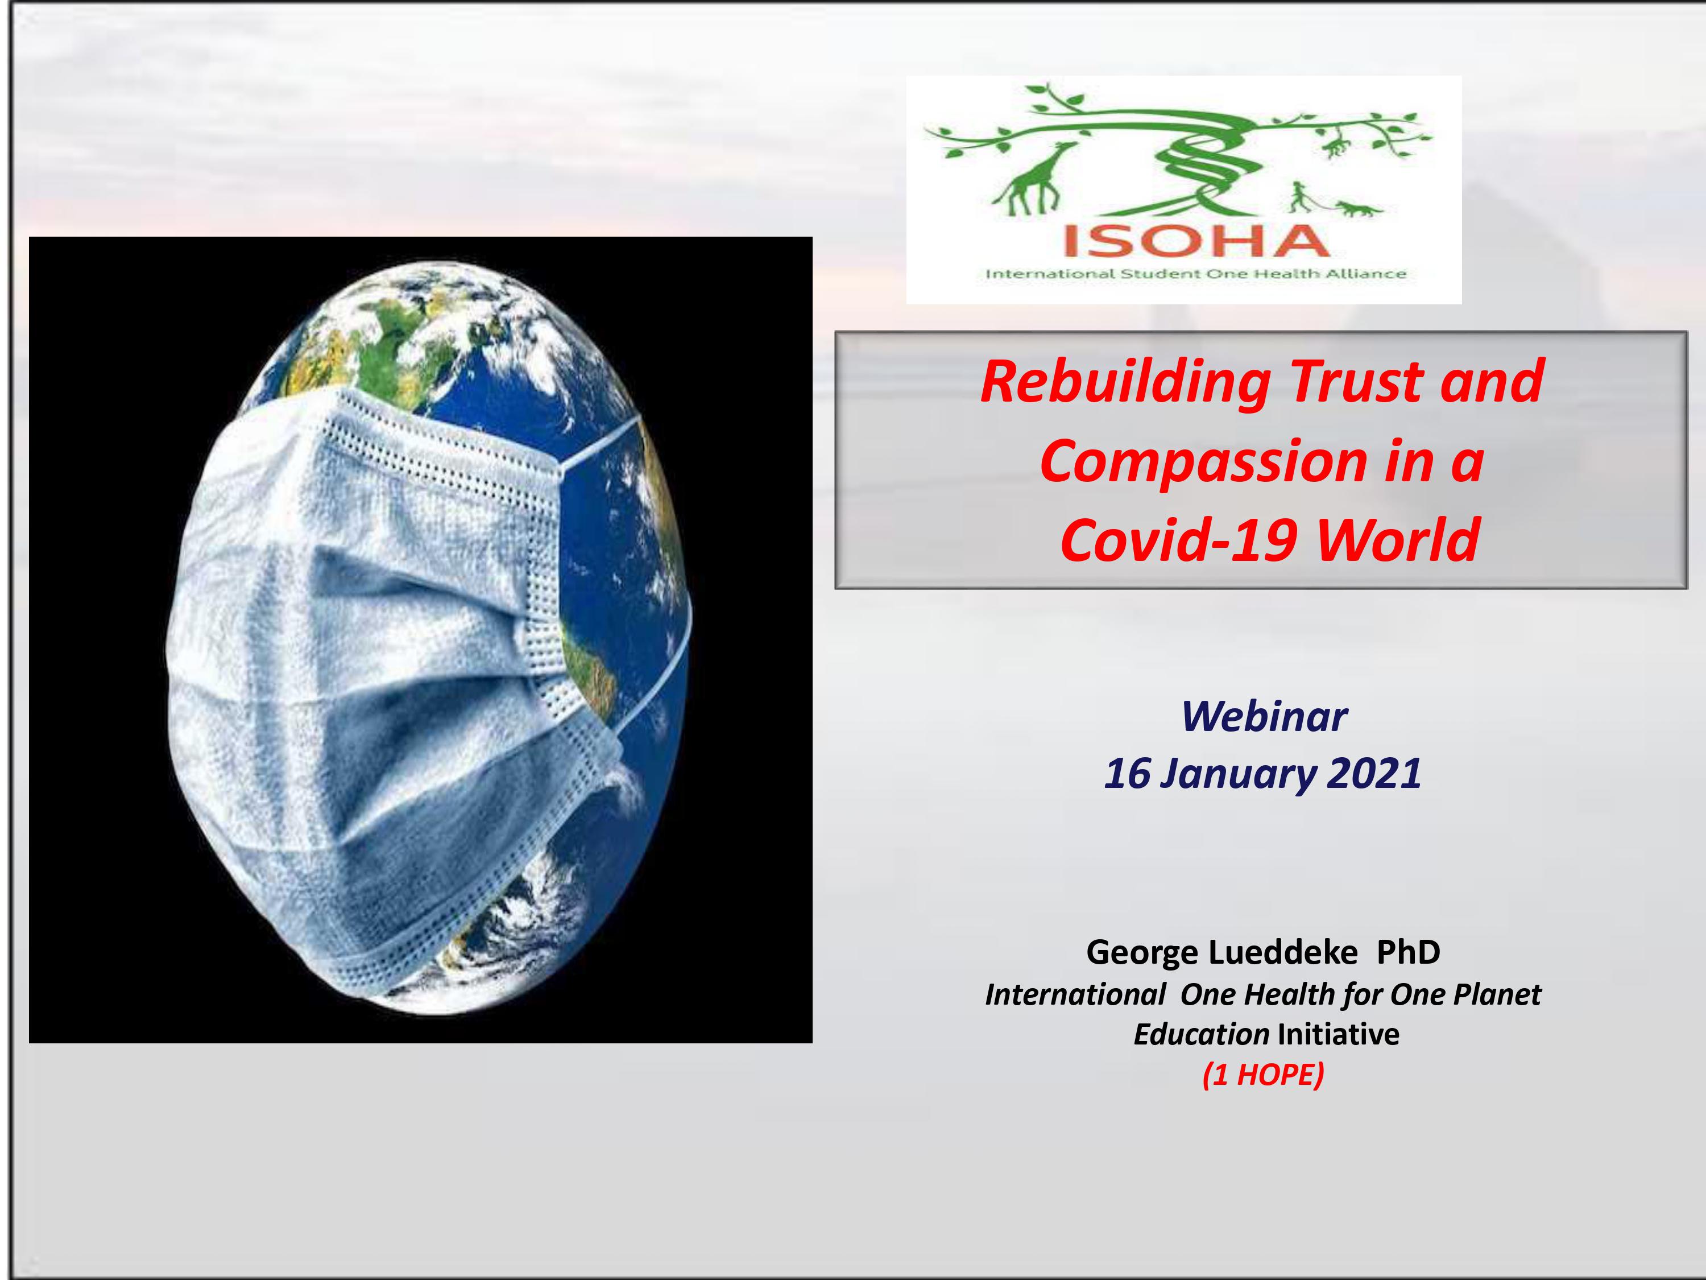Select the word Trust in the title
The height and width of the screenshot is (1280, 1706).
tap(1355, 381)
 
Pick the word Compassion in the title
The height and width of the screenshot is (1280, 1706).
tap(1204, 463)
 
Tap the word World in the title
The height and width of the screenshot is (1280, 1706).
tap(1398, 540)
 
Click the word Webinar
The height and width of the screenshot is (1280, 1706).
tap(1264, 717)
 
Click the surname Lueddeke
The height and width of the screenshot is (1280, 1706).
tap(1282, 953)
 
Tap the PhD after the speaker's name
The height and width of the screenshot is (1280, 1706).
tap(1408, 953)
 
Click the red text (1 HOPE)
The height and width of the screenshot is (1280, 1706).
tap(1264, 1075)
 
